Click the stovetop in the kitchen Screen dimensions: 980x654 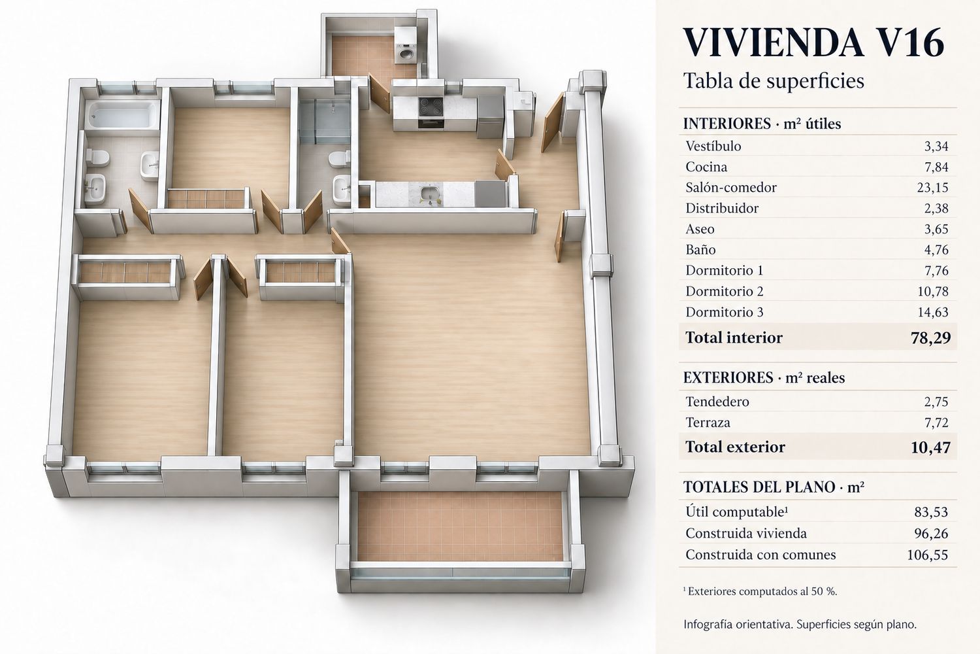click(431, 107)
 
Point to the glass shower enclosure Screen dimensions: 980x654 click(325, 122)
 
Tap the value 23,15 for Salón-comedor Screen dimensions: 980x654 click(932, 188)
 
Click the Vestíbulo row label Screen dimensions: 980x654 click(713, 146)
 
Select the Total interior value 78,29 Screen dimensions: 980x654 click(930, 337)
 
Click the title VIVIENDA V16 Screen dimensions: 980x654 click(813, 43)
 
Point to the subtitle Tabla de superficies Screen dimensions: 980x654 click(774, 80)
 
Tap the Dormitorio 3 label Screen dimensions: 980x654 click(724, 312)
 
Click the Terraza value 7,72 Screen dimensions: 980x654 click(936, 422)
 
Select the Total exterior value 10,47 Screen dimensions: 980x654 click(930, 447)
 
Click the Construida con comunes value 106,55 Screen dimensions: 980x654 click(928, 555)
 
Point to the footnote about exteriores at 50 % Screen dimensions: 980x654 click(760, 591)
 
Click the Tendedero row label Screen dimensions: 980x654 click(717, 402)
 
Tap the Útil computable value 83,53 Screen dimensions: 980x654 click(931, 512)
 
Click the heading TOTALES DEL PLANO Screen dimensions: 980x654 click(759, 487)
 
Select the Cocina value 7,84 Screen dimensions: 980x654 click(936, 167)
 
